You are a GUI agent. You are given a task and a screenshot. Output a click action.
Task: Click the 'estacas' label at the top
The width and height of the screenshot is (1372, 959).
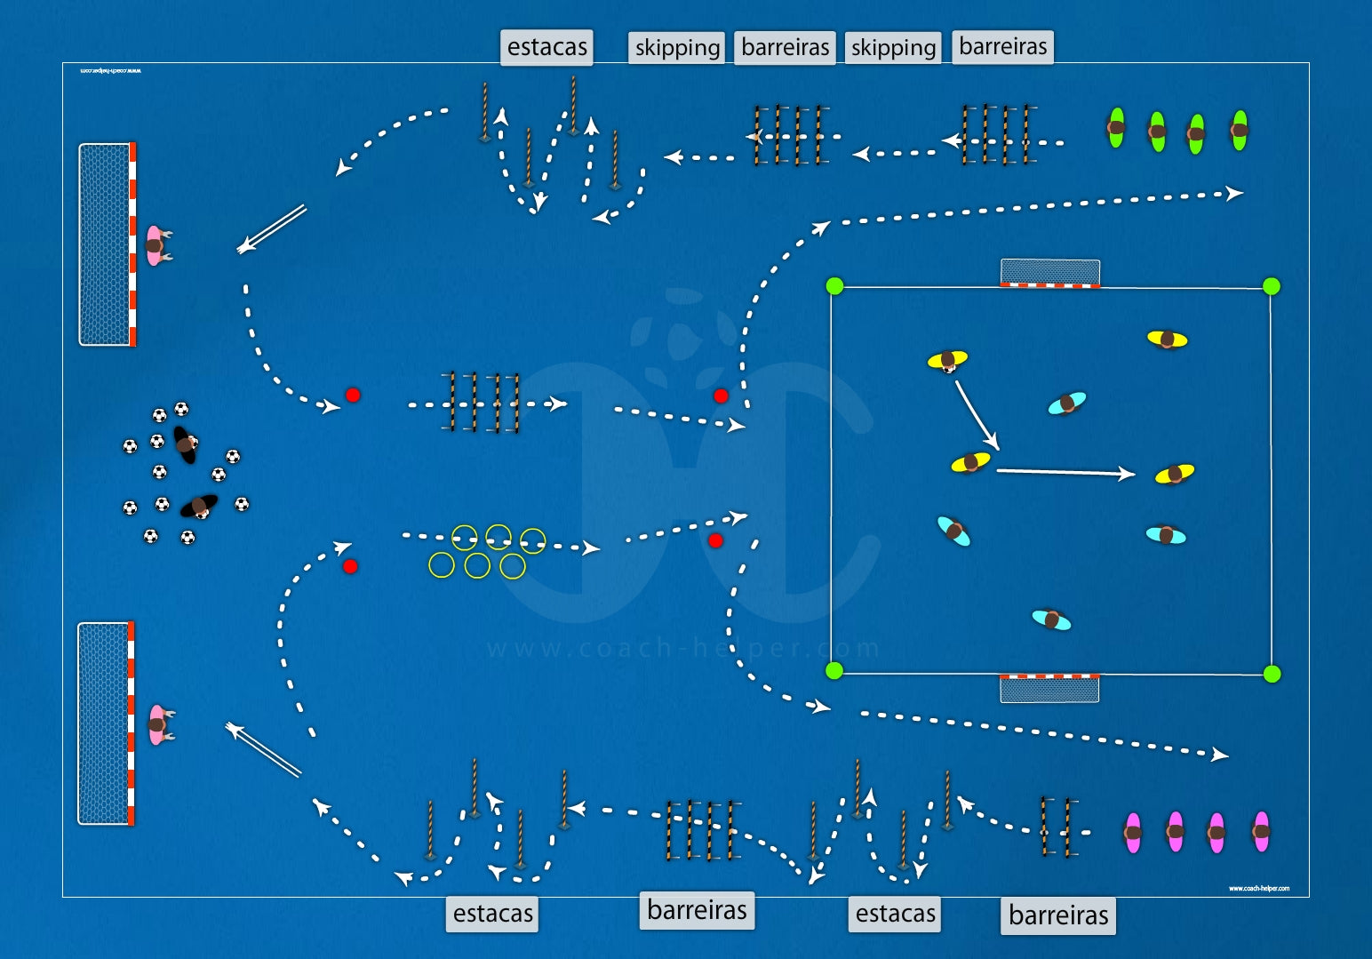point(546,47)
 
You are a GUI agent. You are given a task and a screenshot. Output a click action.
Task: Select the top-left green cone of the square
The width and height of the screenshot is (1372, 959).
point(834,286)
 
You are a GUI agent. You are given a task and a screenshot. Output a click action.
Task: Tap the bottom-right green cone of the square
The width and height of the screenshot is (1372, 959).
point(1272,674)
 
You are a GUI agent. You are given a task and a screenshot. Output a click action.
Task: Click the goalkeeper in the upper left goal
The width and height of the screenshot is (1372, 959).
point(156,245)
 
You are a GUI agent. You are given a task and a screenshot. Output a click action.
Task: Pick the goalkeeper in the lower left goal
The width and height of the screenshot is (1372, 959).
point(158,724)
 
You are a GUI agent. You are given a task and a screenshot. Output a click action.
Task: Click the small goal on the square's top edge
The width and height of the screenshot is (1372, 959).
point(1050,273)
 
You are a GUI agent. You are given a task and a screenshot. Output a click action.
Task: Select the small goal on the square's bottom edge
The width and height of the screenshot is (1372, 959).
point(1049,688)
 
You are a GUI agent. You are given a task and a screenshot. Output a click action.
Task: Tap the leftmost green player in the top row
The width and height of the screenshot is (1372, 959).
point(1116,128)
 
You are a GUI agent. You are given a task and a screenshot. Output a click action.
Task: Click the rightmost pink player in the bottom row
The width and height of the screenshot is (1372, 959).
point(1261,832)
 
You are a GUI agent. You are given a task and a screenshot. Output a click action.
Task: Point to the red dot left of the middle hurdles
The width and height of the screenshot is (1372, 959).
point(353,395)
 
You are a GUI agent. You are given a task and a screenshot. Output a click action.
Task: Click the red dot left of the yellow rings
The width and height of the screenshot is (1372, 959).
point(350,566)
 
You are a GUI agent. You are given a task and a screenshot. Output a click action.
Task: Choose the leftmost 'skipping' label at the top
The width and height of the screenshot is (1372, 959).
point(677,47)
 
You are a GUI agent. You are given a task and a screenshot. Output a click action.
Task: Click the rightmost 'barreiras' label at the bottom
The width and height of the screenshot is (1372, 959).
point(1058,915)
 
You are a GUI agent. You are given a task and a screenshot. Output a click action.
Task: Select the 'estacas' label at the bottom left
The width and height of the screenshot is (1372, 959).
point(492,913)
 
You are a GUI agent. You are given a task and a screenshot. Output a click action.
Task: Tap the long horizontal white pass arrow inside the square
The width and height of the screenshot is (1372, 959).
point(1065,472)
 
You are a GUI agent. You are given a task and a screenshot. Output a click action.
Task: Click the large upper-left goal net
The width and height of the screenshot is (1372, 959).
point(105,244)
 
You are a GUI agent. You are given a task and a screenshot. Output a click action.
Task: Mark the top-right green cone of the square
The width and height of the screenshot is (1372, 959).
point(1272,286)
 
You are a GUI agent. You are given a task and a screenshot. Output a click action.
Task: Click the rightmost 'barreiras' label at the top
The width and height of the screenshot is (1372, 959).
point(1002,46)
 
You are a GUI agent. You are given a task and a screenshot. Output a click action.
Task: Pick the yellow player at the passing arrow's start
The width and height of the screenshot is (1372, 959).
point(947,360)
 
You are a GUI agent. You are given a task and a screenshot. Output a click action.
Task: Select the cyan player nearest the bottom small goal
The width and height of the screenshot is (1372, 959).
point(1051,619)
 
